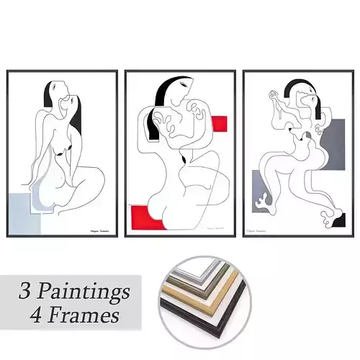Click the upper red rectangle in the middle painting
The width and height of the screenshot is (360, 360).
(219, 124)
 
